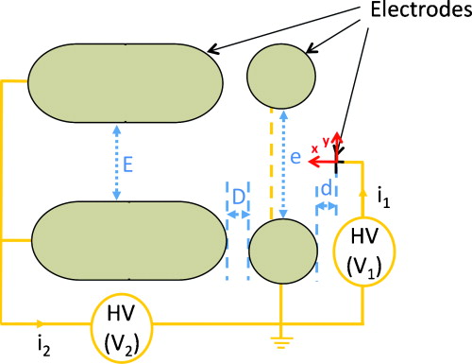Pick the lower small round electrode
coord(282,251)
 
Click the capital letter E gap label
coord(128,164)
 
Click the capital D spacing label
coord(237,194)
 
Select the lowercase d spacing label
coord(327,190)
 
